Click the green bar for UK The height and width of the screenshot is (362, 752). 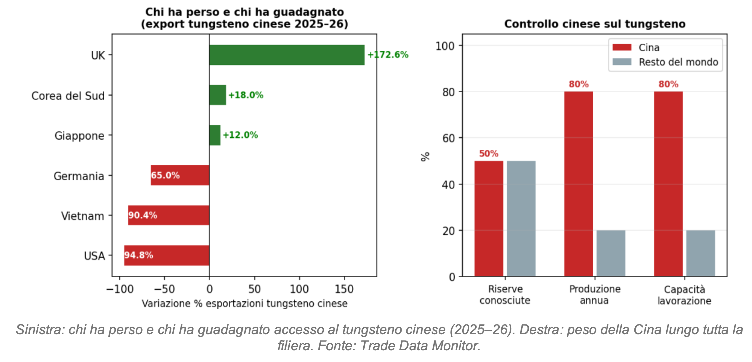(287, 55)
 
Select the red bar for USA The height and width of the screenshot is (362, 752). (167, 255)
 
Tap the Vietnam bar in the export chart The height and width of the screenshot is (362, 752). (169, 215)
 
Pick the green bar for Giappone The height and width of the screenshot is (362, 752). (215, 135)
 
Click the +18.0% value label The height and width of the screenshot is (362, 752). (246, 95)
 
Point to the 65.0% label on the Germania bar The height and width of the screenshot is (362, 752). (165, 175)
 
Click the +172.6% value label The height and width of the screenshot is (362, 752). (388, 55)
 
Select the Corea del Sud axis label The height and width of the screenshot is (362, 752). (68, 96)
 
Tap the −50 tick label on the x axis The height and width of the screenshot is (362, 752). (164, 289)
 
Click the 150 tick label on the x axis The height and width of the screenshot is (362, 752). (344, 289)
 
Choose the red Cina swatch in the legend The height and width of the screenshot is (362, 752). (622, 47)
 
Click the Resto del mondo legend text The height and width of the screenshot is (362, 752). (678, 62)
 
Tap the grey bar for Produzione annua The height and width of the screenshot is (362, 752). (611, 253)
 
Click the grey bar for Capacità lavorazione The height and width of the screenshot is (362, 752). (700, 253)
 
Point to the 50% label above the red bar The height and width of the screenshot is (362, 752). (489, 154)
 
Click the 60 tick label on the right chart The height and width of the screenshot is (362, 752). (448, 138)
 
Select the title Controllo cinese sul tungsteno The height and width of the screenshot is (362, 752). (595, 24)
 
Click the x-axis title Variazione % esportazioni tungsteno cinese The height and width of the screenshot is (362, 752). (244, 304)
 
